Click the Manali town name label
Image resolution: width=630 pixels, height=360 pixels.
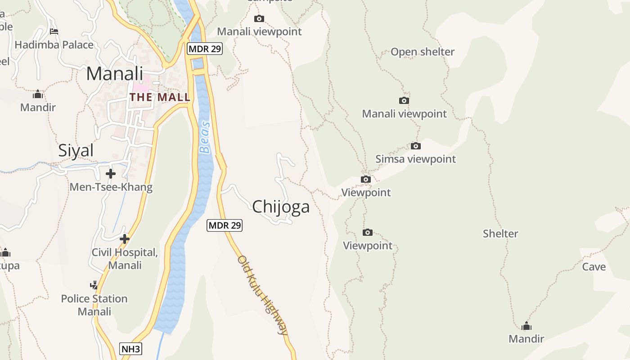click(x=114, y=74)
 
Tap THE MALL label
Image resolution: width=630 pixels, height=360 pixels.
click(x=160, y=97)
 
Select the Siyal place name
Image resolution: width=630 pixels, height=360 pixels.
click(x=76, y=151)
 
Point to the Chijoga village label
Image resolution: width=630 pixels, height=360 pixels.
click(x=281, y=207)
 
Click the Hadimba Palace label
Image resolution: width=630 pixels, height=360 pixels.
click(x=54, y=45)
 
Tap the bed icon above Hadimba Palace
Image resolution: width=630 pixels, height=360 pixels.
click(x=54, y=31)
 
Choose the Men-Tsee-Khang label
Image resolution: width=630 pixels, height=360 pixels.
click(x=111, y=187)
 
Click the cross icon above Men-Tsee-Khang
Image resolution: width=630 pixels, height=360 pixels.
click(x=111, y=173)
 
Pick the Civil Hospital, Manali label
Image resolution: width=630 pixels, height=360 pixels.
click(x=125, y=259)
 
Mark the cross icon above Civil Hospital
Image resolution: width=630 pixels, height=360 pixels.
click(x=125, y=239)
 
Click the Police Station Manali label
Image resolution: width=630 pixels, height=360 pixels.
click(x=94, y=305)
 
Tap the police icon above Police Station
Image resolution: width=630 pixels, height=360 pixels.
click(x=94, y=285)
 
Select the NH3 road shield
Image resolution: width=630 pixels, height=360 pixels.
click(x=131, y=349)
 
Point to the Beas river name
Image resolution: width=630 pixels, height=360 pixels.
click(x=205, y=137)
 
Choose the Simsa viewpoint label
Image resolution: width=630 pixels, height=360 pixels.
click(x=415, y=159)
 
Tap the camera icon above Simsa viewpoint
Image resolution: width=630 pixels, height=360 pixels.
click(x=416, y=146)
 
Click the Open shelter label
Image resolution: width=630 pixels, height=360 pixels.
click(x=423, y=52)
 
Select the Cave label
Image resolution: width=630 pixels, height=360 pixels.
click(x=594, y=267)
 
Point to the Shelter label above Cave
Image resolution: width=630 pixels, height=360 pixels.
click(x=500, y=234)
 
